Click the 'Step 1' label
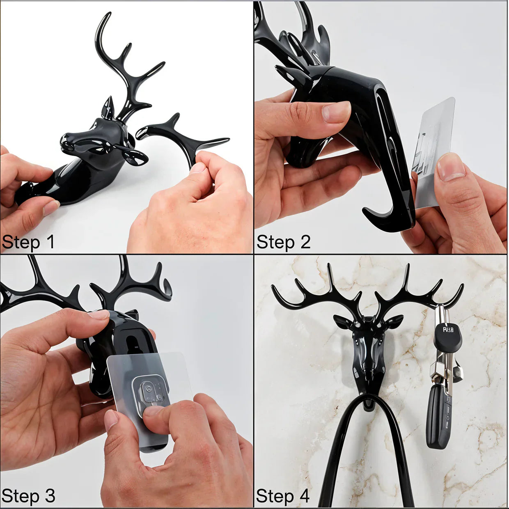point(28,242)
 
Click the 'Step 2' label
point(283,242)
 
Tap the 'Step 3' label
point(28,496)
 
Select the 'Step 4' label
point(282,496)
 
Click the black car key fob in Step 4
point(438,415)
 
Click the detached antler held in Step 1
point(181,135)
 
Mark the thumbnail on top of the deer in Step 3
point(99,314)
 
